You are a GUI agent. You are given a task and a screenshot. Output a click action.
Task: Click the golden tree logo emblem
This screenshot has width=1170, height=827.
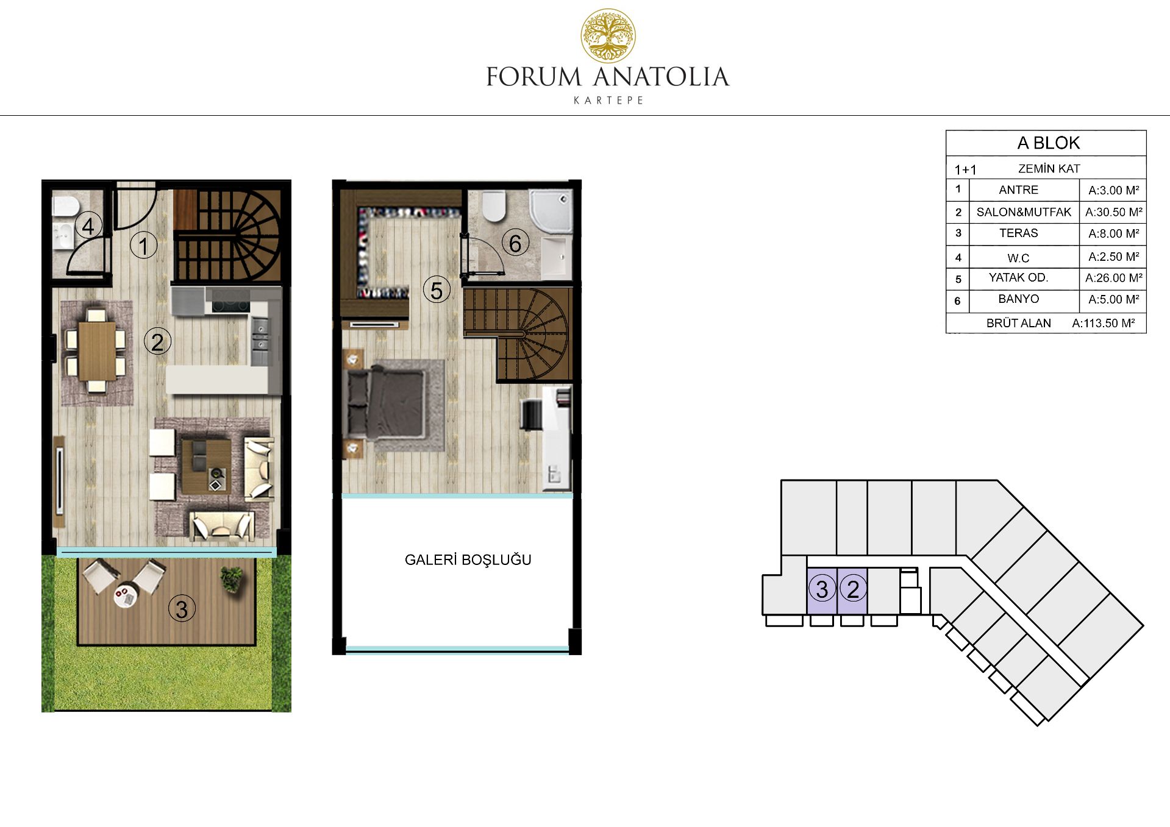coord(608,35)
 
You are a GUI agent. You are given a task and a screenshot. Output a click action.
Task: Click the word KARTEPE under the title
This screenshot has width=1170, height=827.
coord(608,100)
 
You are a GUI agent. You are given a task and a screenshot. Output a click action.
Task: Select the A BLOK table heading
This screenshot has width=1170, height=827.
coord(1048,143)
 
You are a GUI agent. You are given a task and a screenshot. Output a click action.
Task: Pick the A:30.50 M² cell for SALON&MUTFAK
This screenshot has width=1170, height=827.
coord(1113,212)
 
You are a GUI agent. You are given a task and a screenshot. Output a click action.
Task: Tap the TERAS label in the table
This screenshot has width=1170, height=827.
coord(1018,233)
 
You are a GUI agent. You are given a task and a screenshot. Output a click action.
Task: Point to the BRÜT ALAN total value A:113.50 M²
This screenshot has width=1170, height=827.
coord(1104,323)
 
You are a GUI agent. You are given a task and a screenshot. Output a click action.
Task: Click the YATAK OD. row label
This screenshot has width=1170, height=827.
coord(1018,277)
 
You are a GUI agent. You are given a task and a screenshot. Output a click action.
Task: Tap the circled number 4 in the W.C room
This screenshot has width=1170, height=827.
coord(88,226)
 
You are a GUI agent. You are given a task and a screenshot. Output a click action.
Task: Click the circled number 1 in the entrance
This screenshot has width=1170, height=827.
coord(144,246)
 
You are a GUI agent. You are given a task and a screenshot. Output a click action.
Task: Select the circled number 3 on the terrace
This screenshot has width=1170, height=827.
coord(181,609)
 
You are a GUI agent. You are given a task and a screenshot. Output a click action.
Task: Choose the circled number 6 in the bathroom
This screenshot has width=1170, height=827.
coord(515,243)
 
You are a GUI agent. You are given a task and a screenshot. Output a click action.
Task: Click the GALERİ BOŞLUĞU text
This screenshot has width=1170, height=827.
coord(468,559)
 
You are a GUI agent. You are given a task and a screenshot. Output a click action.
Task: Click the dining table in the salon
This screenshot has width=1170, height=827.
coord(97,352)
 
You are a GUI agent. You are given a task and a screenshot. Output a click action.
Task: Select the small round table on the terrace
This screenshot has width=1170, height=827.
coord(124,596)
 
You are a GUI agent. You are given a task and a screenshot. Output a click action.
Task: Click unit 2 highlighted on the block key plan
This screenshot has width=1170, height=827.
coord(852,590)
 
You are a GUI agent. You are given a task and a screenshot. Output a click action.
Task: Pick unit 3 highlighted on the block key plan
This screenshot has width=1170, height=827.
coord(822,590)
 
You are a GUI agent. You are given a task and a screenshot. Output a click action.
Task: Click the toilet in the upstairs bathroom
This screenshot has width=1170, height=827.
coord(493,207)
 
